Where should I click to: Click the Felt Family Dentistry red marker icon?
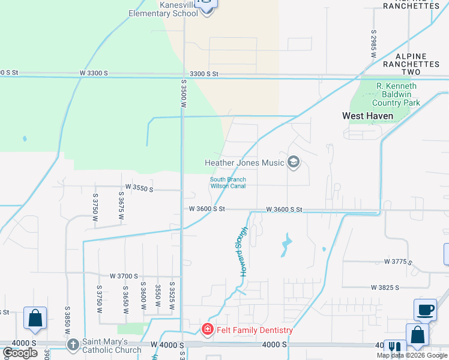coord(207,329)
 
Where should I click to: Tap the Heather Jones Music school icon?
coord(294,163)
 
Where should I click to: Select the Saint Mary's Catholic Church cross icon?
coord(73,344)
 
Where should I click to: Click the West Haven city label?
coord(367,116)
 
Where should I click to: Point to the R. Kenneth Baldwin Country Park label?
coord(397,94)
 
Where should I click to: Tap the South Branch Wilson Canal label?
coord(228,182)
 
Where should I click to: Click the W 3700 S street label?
coord(125,275)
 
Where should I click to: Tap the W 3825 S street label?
coord(385,288)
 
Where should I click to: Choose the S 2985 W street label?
coord(373,43)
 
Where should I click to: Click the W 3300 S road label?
coord(94,73)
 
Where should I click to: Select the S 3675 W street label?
coord(121,206)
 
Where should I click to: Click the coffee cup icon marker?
coord(425,310)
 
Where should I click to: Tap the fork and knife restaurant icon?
coord(394,349)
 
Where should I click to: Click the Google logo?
coord(20,353)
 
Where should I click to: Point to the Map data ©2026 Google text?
coord(412,355)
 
